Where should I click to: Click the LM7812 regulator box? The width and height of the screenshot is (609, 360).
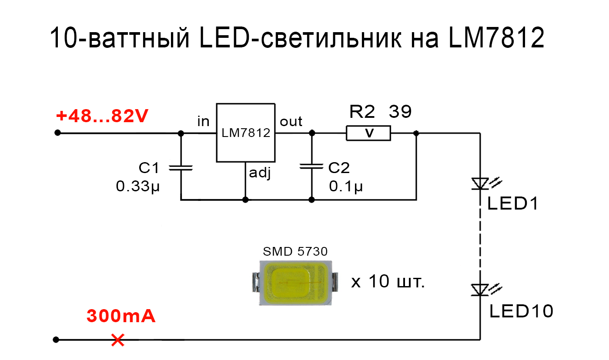click(246, 133)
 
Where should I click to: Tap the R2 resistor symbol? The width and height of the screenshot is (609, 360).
click(368, 133)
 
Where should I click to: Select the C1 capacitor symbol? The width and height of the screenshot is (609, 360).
click(181, 167)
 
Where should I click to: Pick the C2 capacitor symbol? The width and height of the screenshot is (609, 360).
click(311, 167)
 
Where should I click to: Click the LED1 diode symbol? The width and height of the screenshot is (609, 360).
click(480, 183)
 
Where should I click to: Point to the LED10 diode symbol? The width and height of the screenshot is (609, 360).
click(480, 290)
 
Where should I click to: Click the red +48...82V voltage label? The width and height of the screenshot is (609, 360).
click(102, 116)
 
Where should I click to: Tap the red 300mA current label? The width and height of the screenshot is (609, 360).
click(121, 316)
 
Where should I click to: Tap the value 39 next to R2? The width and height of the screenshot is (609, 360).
click(400, 112)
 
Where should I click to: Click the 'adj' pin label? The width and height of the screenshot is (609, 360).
click(260, 173)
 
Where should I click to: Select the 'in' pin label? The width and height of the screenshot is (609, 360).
click(203, 121)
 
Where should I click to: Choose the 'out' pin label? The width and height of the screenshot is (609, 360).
click(291, 121)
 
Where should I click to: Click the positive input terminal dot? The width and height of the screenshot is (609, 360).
click(57, 133)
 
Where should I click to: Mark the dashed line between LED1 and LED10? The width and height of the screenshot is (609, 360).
click(480, 237)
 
